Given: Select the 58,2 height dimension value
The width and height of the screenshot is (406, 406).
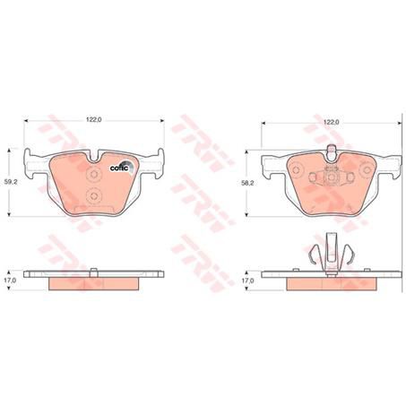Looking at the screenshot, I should coord(247,180).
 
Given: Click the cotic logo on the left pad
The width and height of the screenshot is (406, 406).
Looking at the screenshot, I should coord(118,167).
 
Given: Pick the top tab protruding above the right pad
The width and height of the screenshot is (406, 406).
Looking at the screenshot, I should coord(333,148).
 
